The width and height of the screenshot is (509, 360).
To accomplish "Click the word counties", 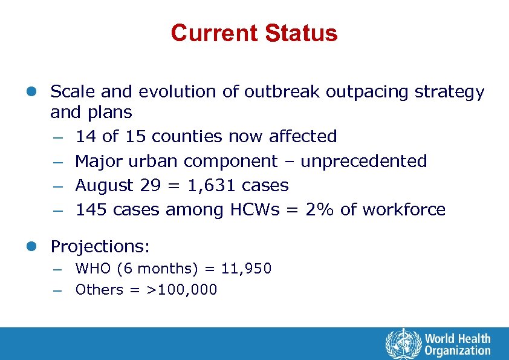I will (187, 137).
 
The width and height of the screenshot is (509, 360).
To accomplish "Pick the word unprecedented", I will (364, 162).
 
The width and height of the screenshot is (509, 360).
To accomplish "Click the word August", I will (103, 186).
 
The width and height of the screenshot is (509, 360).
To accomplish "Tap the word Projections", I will (100, 247).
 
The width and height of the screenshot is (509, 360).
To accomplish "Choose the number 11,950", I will (246, 268).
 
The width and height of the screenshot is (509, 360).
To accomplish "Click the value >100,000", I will (182, 290).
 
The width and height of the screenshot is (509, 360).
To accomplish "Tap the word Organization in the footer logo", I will (458, 350).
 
